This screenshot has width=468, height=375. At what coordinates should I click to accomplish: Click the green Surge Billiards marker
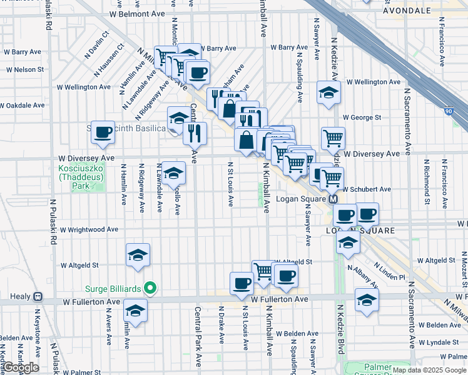pyautogui.click(x=150, y=289)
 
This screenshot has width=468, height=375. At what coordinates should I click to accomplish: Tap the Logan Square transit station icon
pyautogui.click(x=333, y=199)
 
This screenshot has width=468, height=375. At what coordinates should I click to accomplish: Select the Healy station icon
pyautogui.click(x=38, y=296)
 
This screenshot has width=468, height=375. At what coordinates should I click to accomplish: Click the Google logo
pyautogui.click(x=20, y=367)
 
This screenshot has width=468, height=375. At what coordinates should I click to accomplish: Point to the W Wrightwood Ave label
pyautogui.click(x=89, y=229)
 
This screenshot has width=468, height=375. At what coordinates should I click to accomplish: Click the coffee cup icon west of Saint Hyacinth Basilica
pyautogui.click(x=103, y=132)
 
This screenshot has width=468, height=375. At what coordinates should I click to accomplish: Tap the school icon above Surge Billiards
pyautogui.click(x=138, y=255)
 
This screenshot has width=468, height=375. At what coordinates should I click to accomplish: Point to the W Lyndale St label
pyautogui.click(x=440, y=342)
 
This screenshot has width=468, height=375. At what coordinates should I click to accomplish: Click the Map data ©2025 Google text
pyautogui.click(x=429, y=370)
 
